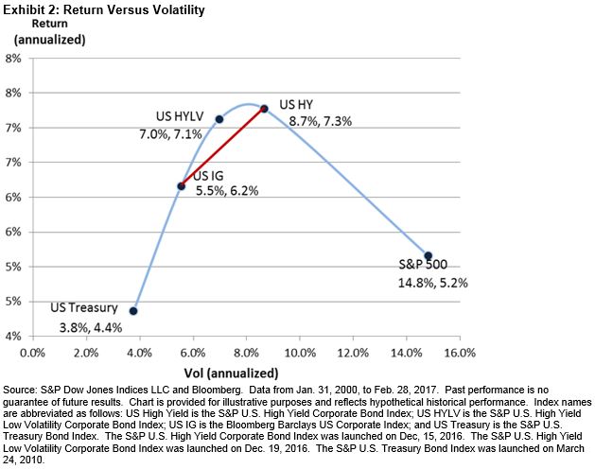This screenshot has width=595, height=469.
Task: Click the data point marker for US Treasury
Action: (x=133, y=310)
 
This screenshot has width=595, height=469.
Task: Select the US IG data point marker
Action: (x=181, y=185)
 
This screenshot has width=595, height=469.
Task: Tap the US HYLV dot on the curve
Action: (x=219, y=119)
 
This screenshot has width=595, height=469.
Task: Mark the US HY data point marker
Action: (x=264, y=109)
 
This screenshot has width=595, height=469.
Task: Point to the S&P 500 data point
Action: (x=428, y=255)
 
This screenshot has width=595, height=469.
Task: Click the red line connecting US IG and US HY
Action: (x=222, y=147)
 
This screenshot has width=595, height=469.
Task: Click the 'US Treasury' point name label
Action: (x=84, y=307)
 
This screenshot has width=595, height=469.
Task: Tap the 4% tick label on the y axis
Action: (x=14, y=337)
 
